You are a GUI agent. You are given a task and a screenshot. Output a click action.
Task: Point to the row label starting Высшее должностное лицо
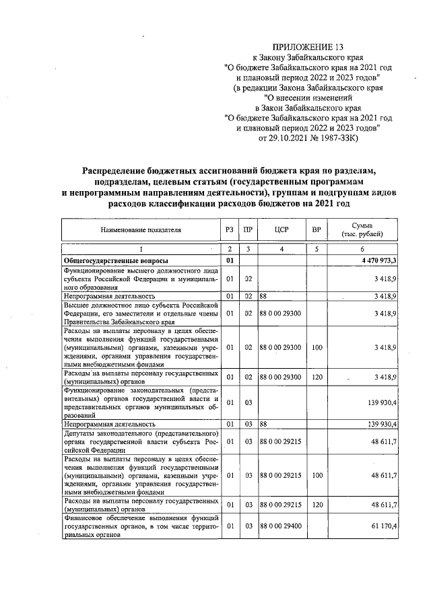tap(141, 312)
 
